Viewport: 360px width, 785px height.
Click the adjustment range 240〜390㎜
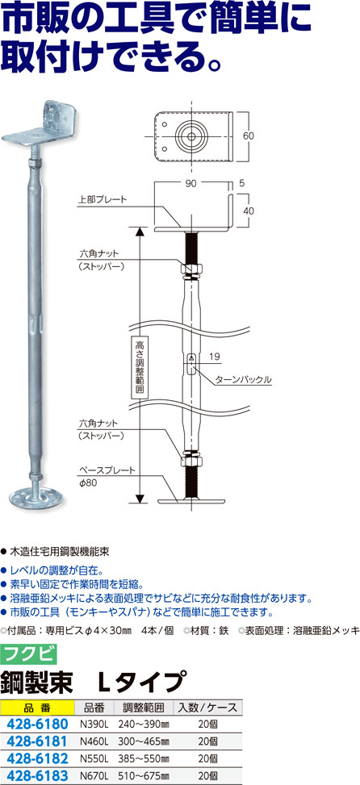pyautogui.click(x=143, y=724)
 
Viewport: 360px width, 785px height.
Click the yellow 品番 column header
pyautogui.click(x=38, y=708)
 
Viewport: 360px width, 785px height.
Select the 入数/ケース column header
pyautogui.click(x=207, y=708)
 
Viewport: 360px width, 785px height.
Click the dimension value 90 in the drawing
pyautogui.click(x=190, y=184)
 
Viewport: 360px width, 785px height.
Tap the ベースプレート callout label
pyautogui.click(x=107, y=470)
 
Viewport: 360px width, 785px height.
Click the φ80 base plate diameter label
pyautogui.click(x=87, y=482)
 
